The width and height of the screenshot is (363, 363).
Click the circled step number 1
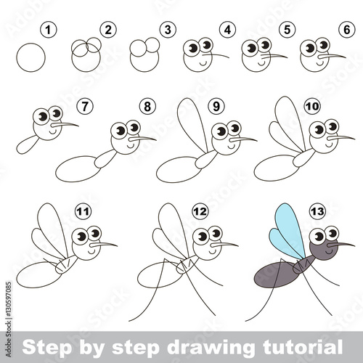point(49,30)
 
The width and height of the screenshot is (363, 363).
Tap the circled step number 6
point(347,30)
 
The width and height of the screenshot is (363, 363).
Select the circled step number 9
point(216,106)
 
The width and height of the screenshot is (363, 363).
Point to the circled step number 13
point(317,212)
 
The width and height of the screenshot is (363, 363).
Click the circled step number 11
point(83,212)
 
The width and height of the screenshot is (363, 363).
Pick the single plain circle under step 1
point(30,57)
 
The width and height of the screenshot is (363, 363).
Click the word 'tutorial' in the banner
point(303,347)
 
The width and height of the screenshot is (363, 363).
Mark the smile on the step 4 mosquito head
point(203,64)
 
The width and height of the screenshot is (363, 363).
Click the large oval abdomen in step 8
point(78,169)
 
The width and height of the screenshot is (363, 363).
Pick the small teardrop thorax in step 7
point(27,144)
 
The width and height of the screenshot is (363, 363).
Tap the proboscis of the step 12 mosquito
point(224,245)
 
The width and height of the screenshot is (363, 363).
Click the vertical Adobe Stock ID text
point(9,319)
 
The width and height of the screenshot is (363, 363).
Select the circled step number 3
point(168,30)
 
